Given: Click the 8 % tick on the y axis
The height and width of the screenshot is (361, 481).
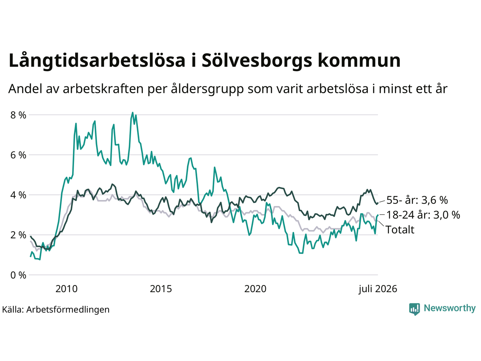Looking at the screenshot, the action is point(18,115).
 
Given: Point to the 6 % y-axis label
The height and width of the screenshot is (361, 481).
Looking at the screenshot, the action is point(18,155).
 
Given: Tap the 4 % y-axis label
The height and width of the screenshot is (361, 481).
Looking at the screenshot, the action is point(18,195).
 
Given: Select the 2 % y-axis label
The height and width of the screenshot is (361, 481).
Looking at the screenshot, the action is point(18,235).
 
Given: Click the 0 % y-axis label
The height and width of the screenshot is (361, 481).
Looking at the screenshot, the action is point(18,275).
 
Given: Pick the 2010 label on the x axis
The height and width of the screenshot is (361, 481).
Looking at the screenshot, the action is point(67,289).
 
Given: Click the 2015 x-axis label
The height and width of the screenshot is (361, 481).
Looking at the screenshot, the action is point(161,289).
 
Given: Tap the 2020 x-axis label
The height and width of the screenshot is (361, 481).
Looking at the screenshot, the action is point(255,289).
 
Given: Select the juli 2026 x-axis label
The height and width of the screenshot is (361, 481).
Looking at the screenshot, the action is point(378,289).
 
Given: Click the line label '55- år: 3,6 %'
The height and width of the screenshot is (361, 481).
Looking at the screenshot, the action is point(417,200).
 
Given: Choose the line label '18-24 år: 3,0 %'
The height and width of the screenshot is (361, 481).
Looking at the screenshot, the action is point(423,215).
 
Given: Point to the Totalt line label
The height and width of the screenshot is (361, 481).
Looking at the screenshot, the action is point(400,230).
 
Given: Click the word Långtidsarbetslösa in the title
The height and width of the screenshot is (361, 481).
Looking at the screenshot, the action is point(97,61).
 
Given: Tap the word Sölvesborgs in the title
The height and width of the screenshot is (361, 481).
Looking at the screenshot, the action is point(257,61).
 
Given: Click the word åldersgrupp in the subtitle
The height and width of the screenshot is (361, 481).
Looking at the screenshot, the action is point(207,89).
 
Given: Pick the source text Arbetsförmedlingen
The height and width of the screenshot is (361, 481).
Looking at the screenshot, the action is point(68,310).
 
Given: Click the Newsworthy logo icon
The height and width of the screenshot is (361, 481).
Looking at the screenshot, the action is point(414,309).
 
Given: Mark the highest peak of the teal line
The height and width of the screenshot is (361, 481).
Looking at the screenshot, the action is point(132,112).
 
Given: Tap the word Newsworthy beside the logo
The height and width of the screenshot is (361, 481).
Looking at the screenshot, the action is point(450,308).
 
